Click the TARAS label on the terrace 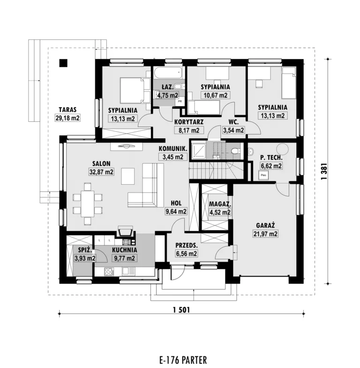[67, 110]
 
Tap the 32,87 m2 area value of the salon [101, 172]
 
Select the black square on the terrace [63, 63]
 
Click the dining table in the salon [88, 204]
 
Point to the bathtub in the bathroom [168, 73]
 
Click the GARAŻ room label [265, 225]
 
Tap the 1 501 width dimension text [181, 310]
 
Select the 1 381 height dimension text [324, 172]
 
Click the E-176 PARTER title [183, 360]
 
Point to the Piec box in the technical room [263, 175]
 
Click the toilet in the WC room [235, 150]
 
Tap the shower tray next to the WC [199, 150]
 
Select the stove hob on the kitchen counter [109, 272]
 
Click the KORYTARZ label [189, 122]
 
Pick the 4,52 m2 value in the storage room [220, 212]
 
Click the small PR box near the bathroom [180, 101]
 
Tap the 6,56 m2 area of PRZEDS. [187, 254]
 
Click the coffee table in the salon [128, 176]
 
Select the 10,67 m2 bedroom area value [215, 95]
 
